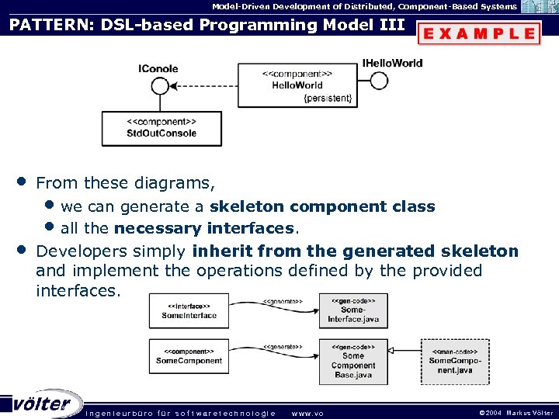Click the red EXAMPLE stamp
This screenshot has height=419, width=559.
pos(479,33)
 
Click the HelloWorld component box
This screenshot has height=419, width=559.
pos(297,85)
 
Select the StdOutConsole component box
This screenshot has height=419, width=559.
pos(161,128)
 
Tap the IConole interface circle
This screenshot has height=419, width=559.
pos(160,85)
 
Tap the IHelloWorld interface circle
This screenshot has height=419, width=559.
pos(378,80)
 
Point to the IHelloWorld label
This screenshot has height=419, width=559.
pos(392,62)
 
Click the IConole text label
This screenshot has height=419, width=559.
pos(158,68)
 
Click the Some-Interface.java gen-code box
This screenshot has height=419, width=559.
pos(352,310)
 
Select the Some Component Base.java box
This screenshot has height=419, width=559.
pos(352,361)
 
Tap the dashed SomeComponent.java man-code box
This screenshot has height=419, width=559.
pos(455,361)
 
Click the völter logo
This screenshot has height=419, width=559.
pos(43,403)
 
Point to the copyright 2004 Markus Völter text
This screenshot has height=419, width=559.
pos(516,413)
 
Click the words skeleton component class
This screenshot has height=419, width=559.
pos(322,206)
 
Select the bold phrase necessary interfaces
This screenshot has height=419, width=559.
pos(204,228)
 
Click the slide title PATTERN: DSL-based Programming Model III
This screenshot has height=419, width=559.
pos(207,25)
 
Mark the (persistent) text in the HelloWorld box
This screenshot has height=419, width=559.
pos(328,98)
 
